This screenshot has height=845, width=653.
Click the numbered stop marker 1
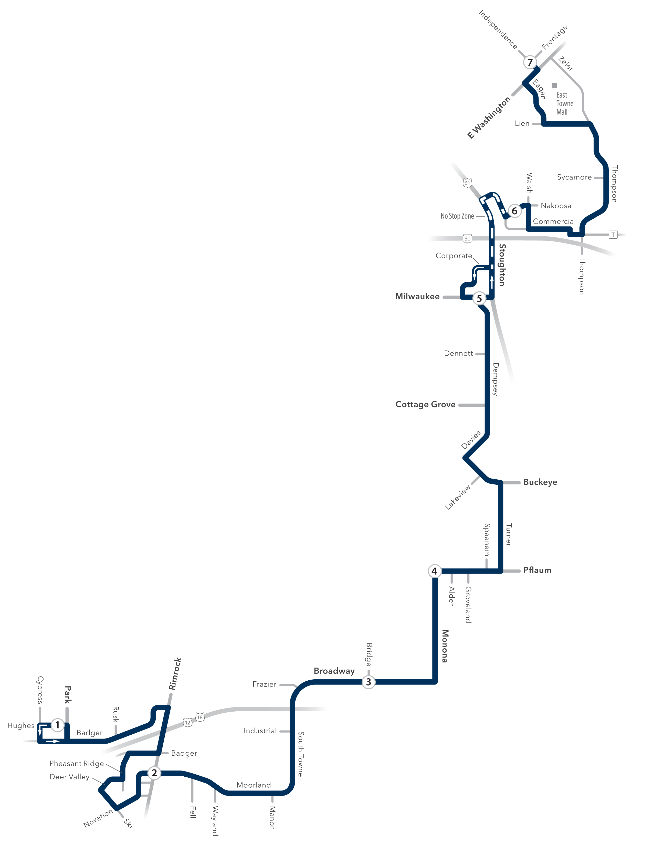click(58, 725)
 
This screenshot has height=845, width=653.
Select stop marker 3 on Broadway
click(368, 682)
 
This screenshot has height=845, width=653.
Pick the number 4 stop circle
click(434, 571)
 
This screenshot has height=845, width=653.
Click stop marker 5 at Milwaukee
click(479, 298)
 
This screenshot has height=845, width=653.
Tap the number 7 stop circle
click(530, 62)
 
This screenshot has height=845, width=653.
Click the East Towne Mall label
click(564, 103)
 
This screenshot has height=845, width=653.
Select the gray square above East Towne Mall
click(554, 85)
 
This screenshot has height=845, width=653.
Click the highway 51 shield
click(467, 183)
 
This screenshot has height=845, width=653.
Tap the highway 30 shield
click(467, 238)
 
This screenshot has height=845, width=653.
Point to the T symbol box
click(613, 235)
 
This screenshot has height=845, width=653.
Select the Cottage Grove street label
click(425, 404)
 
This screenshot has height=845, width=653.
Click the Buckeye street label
click(540, 482)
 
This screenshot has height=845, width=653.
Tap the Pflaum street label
click(537, 570)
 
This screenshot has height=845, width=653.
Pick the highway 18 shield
click(200, 717)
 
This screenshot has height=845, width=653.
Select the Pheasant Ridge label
click(77, 763)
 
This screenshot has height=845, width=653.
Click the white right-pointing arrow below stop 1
click(52, 741)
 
